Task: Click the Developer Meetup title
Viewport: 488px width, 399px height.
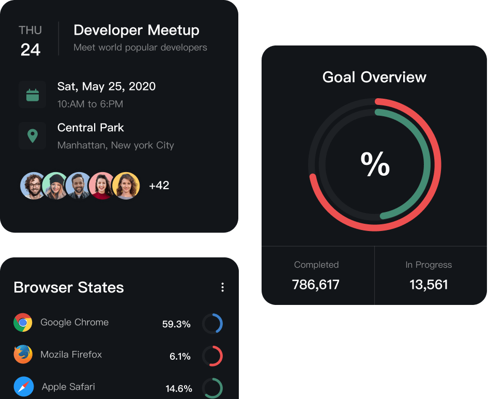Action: (x=136, y=30)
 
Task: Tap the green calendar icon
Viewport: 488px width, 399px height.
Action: (x=33, y=95)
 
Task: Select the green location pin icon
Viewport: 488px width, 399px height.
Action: (x=33, y=136)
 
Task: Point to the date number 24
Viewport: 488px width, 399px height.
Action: (x=30, y=50)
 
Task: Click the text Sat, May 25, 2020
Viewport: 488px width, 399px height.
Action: (x=106, y=86)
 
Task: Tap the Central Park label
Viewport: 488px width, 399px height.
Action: (x=90, y=128)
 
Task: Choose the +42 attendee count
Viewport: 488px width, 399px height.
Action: (x=159, y=186)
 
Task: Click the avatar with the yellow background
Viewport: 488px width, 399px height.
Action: (x=126, y=186)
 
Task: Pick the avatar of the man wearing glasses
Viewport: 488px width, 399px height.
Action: (x=34, y=186)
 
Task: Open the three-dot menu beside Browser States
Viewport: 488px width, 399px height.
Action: (x=222, y=287)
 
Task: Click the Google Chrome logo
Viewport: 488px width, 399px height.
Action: (x=23, y=323)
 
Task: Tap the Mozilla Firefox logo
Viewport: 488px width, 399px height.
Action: (x=23, y=355)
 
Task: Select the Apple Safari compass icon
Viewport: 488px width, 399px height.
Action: (x=24, y=387)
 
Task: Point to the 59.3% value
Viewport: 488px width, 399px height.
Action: (x=176, y=325)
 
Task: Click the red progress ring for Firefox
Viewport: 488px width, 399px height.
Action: (x=212, y=356)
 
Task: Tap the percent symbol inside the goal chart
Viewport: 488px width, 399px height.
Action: (x=375, y=165)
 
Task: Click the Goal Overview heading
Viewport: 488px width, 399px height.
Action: (x=374, y=78)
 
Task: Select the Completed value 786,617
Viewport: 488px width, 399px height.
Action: (x=316, y=284)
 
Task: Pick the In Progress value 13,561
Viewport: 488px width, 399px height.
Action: (x=429, y=284)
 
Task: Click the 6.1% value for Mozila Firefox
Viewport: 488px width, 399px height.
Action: (x=180, y=357)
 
